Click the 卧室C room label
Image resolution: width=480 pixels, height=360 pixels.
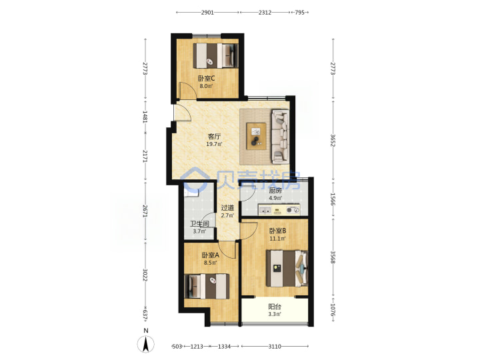[x=206, y=79]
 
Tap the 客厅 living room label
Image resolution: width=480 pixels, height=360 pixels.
[x=214, y=136]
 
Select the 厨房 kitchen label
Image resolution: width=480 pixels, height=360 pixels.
[x=275, y=191]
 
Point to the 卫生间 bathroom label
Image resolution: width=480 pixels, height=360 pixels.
[x=199, y=224]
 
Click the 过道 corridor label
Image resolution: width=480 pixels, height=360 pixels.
[x=227, y=208]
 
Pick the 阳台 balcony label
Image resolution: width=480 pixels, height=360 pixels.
[x=275, y=307]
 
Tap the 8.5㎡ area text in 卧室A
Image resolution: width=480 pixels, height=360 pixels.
[x=210, y=263]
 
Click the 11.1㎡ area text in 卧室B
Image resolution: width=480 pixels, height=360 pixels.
[x=277, y=239]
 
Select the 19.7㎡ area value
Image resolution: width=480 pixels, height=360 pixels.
[x=214, y=144]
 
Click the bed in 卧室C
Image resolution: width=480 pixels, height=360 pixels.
[x=215, y=56]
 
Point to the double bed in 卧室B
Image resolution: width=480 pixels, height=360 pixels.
[x=287, y=269]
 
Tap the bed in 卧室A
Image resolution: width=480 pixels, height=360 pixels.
[x=207, y=286]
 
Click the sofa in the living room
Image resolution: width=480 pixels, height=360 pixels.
[x=281, y=135]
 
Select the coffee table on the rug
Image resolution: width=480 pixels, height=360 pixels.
[x=256, y=136]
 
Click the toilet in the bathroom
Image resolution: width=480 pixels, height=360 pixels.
[x=191, y=192]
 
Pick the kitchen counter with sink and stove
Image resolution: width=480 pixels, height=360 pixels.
[x=279, y=210]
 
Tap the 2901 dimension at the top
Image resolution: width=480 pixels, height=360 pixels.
[x=207, y=13]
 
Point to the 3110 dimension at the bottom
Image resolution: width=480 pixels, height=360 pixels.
[x=275, y=347]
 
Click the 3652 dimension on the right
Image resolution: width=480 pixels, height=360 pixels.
[x=333, y=140]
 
